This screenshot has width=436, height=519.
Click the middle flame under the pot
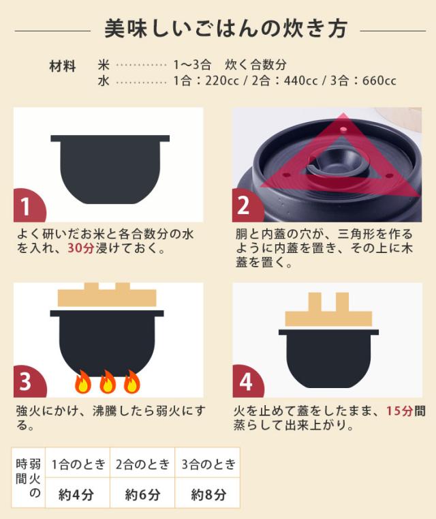(108, 383)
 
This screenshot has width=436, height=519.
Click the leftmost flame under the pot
(82, 383)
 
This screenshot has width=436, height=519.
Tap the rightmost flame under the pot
(131, 383)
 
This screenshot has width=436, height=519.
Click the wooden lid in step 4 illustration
(328, 313)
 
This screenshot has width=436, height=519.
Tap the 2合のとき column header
(142, 464)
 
